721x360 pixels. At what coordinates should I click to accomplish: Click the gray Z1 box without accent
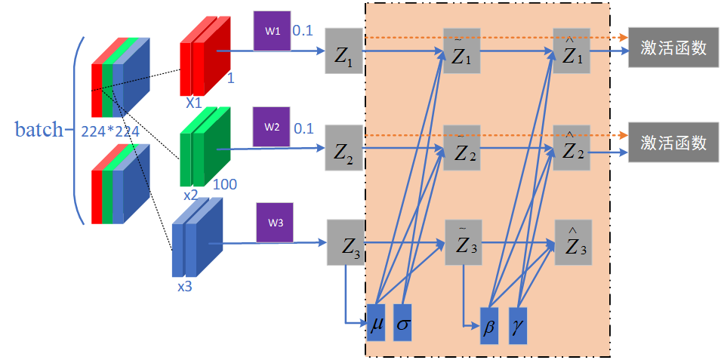pos(344,51)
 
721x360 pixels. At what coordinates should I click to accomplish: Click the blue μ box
pos(376,322)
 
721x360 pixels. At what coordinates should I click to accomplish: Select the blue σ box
pos(402,322)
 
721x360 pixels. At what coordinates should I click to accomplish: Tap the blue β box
pos(490,326)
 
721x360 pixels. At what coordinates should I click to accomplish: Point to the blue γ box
pos(517,326)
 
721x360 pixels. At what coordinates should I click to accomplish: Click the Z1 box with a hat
pos(572,51)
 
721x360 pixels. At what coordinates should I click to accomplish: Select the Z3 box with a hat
pos(573,242)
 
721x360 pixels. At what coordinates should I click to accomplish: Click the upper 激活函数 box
pos(673,48)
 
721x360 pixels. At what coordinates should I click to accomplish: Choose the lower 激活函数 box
pos(673,142)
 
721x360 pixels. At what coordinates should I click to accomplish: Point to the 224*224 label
pos(110,131)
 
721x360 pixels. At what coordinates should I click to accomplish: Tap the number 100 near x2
pos(225,183)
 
